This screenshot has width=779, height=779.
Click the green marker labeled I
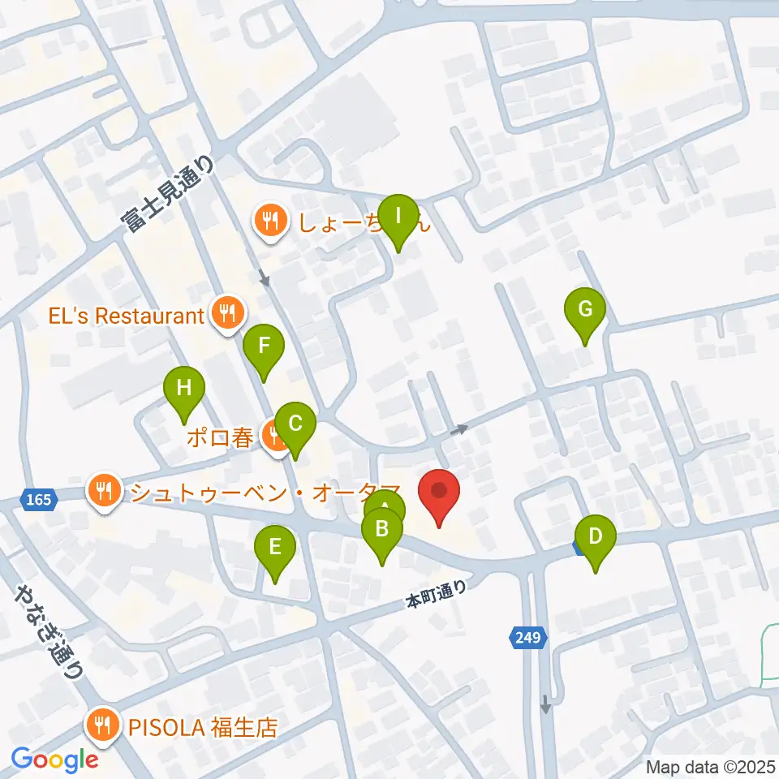coord(398,217)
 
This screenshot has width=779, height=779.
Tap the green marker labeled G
coord(586,310)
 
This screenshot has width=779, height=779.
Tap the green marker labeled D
coord(596,537)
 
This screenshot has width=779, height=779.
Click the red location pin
coord(439,492)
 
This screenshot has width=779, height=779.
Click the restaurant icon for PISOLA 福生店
coord(103,725)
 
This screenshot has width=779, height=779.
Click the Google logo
coord(55,760)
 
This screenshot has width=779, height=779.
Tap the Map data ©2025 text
coord(711,766)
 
